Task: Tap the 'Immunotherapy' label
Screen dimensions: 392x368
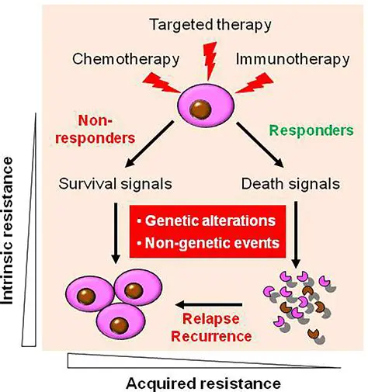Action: click(x=280, y=59)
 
